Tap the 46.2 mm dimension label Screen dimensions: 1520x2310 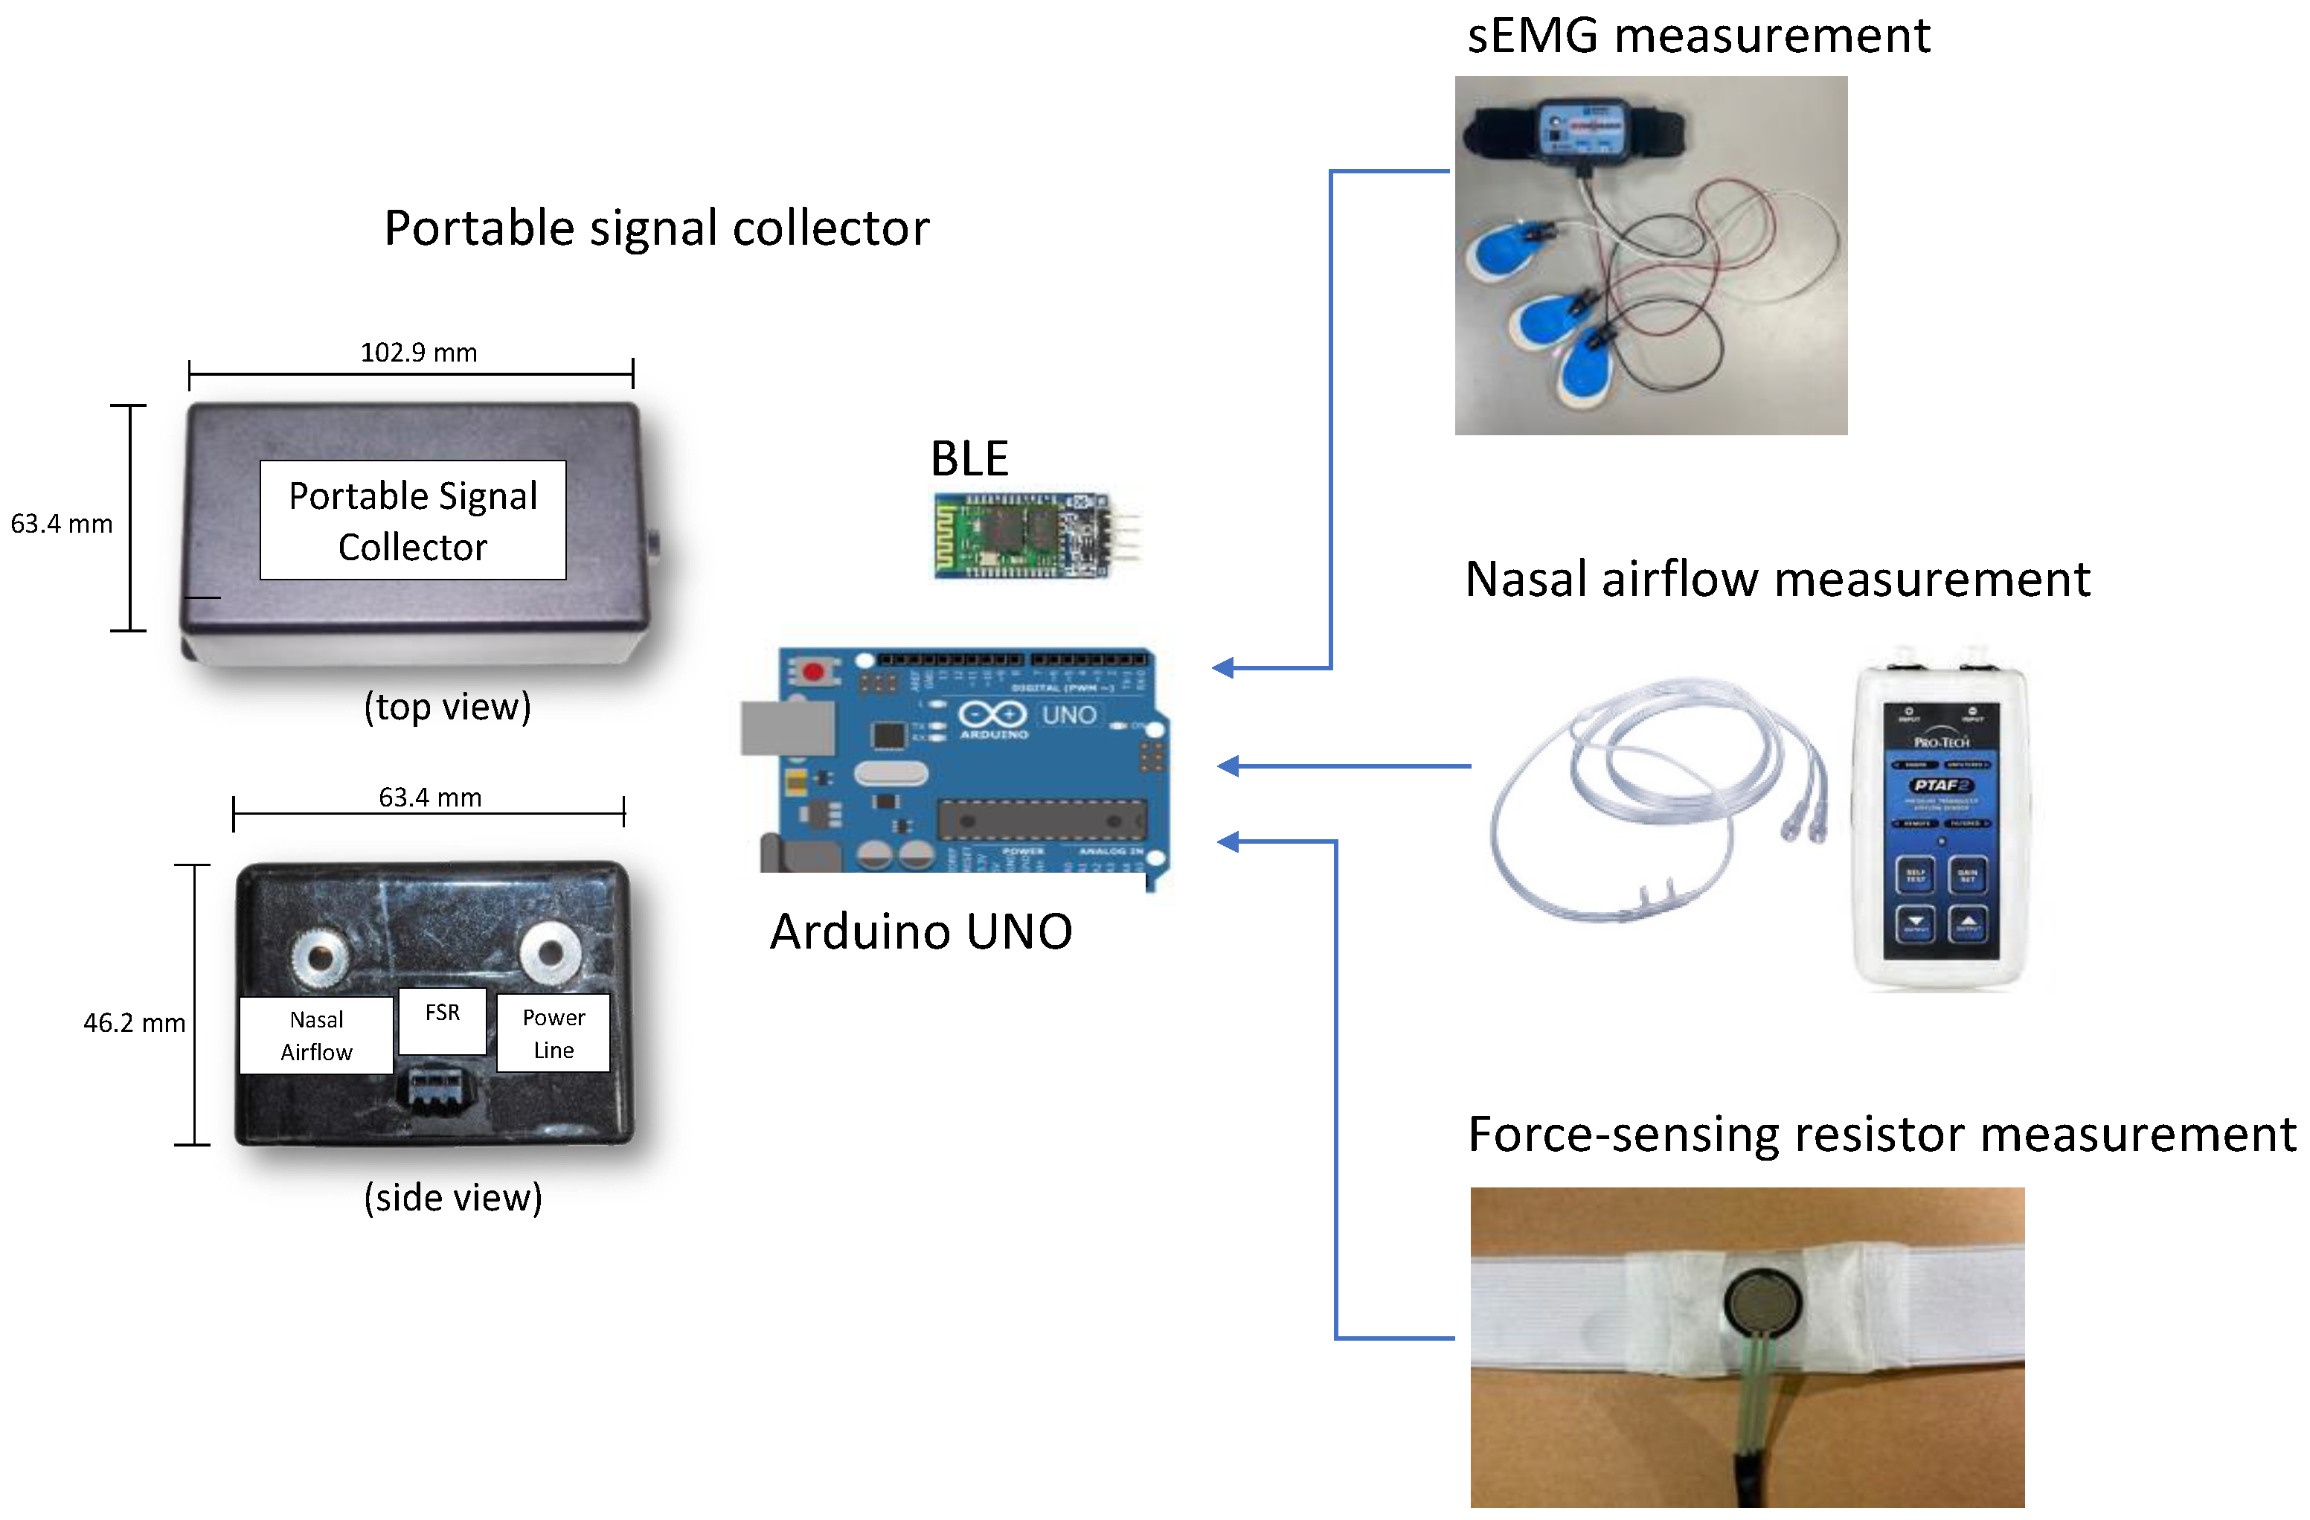(x=134, y=1023)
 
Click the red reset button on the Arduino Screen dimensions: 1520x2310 (x=813, y=670)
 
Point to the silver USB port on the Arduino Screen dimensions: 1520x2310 (x=787, y=728)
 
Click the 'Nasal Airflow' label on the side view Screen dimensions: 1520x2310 (x=316, y=1036)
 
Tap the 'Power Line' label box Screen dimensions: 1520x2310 (x=554, y=1033)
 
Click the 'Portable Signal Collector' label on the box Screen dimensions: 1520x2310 (x=412, y=522)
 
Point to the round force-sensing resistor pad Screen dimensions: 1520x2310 (x=1763, y=1303)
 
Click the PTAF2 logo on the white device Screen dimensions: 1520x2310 (x=1940, y=784)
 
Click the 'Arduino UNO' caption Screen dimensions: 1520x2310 (x=920, y=931)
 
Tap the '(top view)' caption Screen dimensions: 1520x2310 (x=447, y=707)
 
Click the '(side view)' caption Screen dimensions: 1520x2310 (x=452, y=1198)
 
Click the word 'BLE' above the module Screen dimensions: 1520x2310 (x=969, y=458)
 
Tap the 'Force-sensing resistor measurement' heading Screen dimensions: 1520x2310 (x=1881, y=1135)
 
